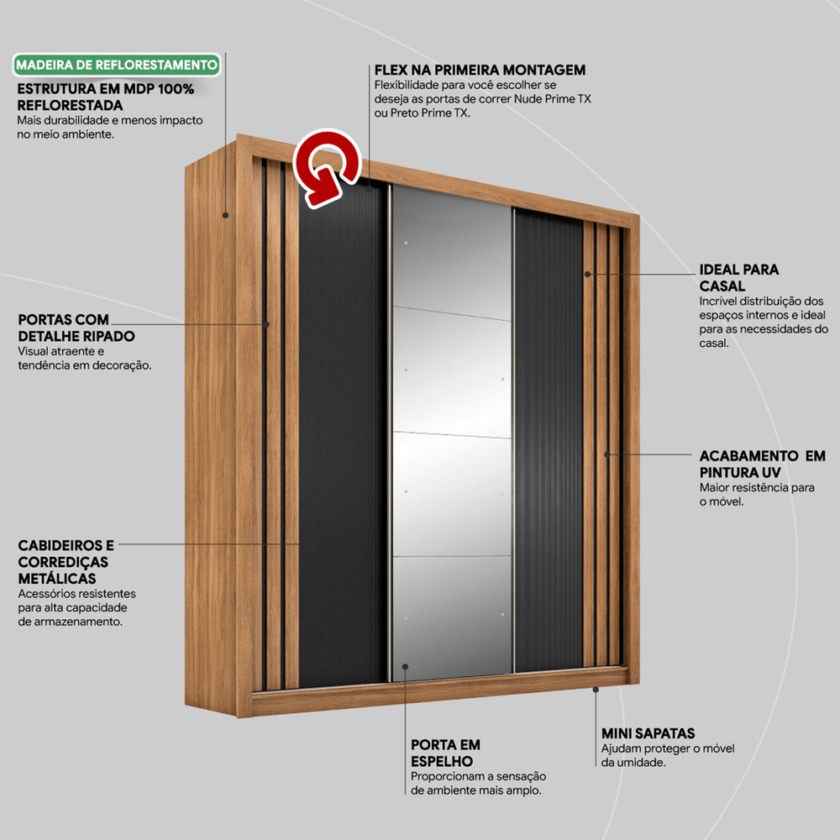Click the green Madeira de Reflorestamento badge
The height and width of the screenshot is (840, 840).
pos(116,65)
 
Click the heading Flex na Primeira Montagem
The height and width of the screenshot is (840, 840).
pos(480,71)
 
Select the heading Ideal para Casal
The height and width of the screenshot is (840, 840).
pos(738,277)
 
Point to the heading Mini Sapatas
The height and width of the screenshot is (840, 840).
pos(648,733)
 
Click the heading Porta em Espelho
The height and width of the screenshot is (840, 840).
pos(445,753)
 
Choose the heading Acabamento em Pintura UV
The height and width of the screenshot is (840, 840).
pos(762,464)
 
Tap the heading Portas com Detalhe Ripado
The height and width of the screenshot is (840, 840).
pos(76,328)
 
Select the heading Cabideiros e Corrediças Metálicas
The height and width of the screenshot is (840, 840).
pos(66,561)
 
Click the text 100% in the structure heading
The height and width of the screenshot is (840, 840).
pos(176,89)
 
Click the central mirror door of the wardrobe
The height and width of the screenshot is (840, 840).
pos(452,433)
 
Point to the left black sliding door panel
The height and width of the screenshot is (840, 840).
pos(342,433)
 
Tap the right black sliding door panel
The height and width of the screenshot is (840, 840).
pos(549,440)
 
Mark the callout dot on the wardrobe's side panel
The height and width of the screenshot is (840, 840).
pos(225,215)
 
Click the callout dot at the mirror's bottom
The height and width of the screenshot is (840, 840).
pos(405,666)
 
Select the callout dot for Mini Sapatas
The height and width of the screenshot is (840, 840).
pos(596,690)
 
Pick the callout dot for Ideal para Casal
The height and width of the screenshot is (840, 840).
pos(588,274)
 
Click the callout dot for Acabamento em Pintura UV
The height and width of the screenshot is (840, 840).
pos(607,454)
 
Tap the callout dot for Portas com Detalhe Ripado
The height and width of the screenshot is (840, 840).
pos(265,324)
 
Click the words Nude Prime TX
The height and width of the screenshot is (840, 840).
pos(553,99)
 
